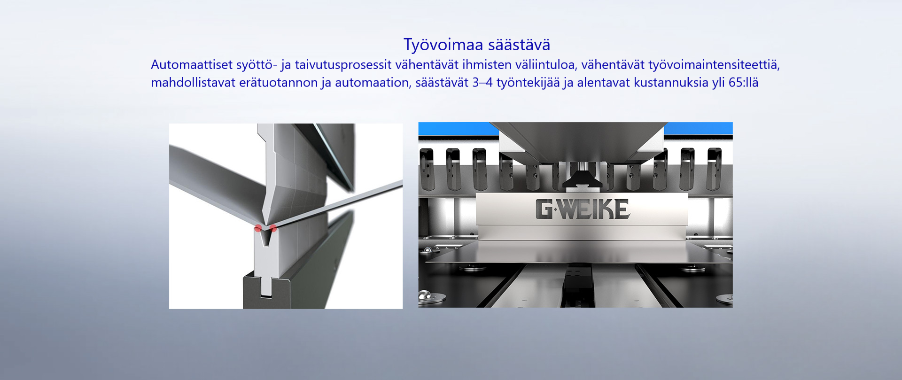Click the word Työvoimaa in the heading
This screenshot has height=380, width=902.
(x=443, y=45)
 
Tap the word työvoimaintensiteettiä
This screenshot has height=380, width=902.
(x=714, y=65)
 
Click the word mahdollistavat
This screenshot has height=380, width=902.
(x=193, y=83)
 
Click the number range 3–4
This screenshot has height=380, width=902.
(x=482, y=83)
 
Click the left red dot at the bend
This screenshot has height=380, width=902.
(x=258, y=229)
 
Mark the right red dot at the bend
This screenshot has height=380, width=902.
(x=273, y=228)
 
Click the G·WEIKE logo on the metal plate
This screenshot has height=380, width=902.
(x=583, y=209)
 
